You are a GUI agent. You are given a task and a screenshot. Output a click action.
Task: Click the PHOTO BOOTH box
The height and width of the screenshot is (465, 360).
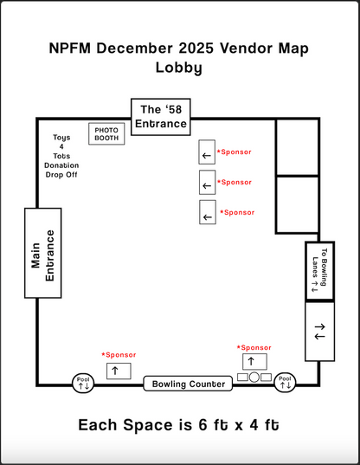coord(106,133)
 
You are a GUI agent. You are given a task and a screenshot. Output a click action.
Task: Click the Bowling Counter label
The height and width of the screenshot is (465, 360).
coord(189,384)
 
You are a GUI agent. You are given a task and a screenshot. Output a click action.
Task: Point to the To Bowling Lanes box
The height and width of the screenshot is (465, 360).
coord(319,270)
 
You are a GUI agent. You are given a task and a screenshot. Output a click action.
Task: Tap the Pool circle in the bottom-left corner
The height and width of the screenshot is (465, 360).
coord(83,382)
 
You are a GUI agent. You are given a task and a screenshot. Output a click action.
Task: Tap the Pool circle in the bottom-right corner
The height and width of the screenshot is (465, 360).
coord(286,382)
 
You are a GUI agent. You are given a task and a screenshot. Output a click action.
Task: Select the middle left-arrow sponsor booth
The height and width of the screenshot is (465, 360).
coord(207,184)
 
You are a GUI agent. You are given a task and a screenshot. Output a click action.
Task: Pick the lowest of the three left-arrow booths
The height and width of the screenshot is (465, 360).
coord(207,213)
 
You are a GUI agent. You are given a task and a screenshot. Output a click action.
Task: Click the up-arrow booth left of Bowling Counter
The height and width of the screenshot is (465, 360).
coord(118,370)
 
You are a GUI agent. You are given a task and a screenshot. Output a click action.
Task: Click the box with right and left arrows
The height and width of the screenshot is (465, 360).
coord(319,331)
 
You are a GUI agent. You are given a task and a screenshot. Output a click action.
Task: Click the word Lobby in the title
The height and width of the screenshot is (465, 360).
coord(179,68)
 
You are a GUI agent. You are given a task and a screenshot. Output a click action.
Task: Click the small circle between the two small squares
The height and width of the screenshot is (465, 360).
coord(254,378)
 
